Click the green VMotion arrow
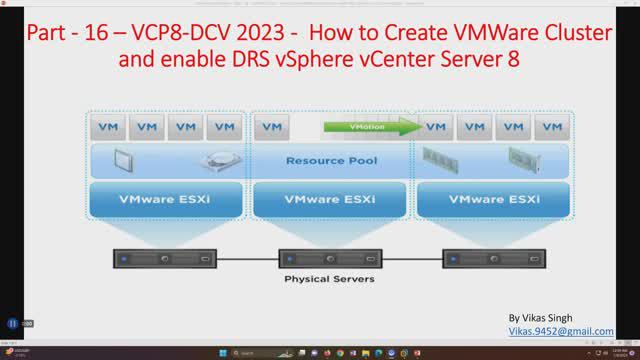[x=369, y=128]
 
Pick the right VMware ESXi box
[x=492, y=198]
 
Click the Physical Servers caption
[x=329, y=279]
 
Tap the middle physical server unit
[x=329, y=258]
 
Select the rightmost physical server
[x=492, y=258]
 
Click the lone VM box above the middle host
[x=271, y=128]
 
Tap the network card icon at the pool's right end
[x=526, y=160]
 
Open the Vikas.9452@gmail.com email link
[x=561, y=330]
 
